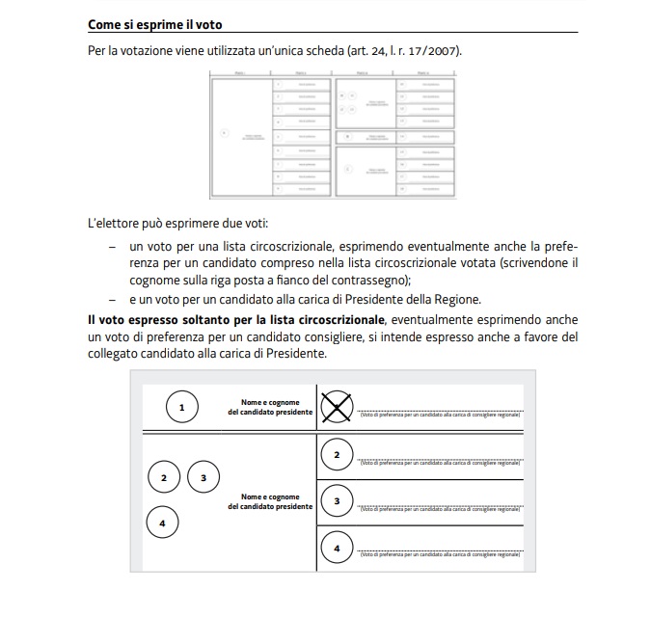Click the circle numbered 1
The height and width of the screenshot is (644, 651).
click(182, 408)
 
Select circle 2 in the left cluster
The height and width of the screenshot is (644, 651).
click(164, 477)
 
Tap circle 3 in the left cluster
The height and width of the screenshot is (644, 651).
click(203, 477)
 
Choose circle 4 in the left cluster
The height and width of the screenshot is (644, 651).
click(162, 523)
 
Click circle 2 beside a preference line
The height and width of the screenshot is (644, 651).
click(336, 455)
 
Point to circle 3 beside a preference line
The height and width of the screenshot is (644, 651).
click(336, 501)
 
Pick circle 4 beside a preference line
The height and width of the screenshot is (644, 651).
click(336, 549)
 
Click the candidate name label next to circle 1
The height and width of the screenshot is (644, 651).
click(270, 407)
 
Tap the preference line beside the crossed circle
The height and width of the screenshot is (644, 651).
click(440, 411)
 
